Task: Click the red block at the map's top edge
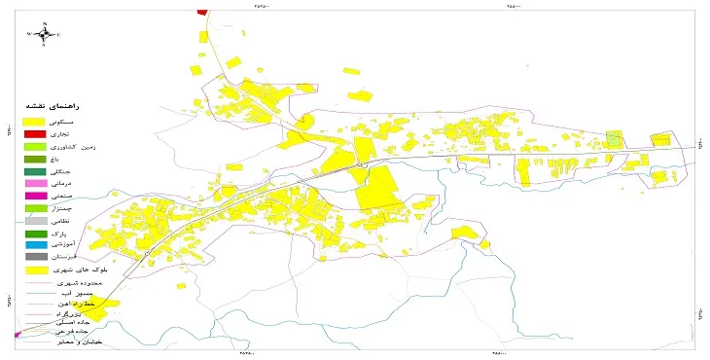[202, 12]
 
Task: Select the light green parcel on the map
[613, 138]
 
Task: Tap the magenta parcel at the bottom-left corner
[18, 334]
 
